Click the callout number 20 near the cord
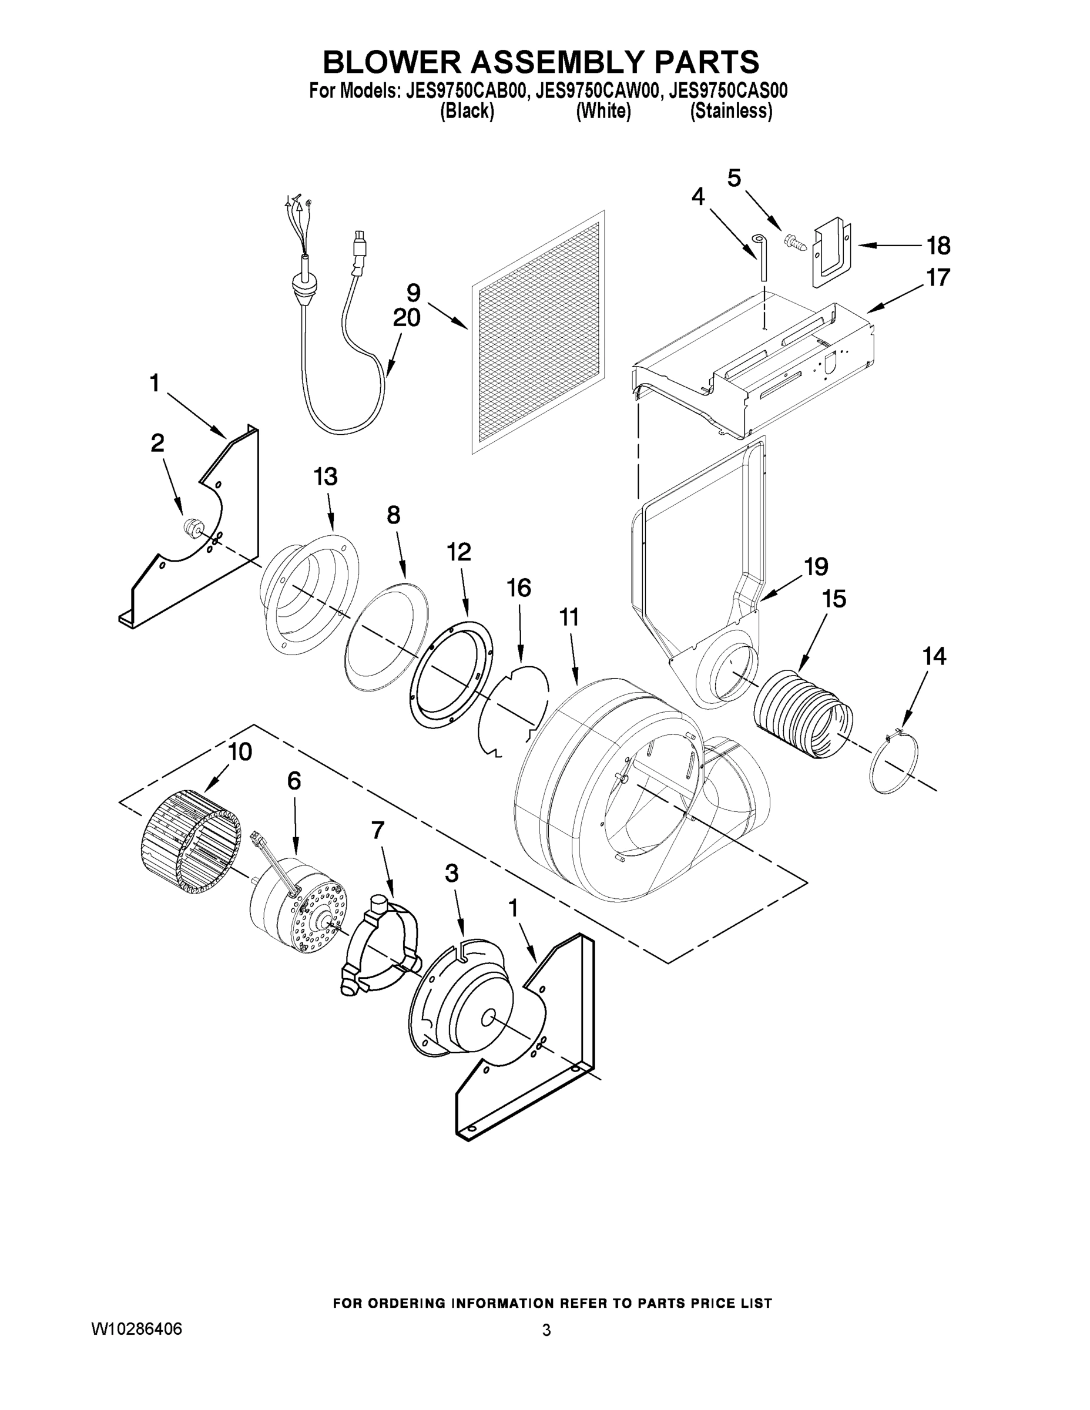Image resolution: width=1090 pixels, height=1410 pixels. tap(406, 318)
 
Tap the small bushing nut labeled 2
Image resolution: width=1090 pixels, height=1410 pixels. tap(190, 527)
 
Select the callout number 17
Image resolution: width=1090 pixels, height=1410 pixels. tap(938, 278)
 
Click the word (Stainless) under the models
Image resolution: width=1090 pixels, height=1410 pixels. tap(731, 112)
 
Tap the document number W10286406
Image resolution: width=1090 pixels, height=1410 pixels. tap(137, 1330)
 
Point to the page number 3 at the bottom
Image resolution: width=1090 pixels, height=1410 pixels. tap(546, 1331)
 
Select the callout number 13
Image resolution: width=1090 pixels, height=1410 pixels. tap(326, 477)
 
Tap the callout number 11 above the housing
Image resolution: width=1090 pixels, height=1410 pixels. tap(569, 618)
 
